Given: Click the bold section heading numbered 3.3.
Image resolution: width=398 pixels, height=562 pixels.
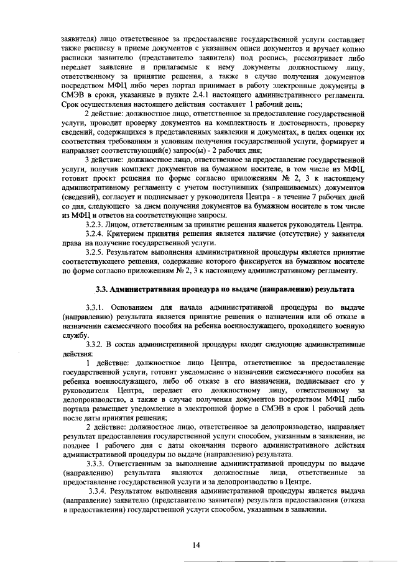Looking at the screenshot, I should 224,289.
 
